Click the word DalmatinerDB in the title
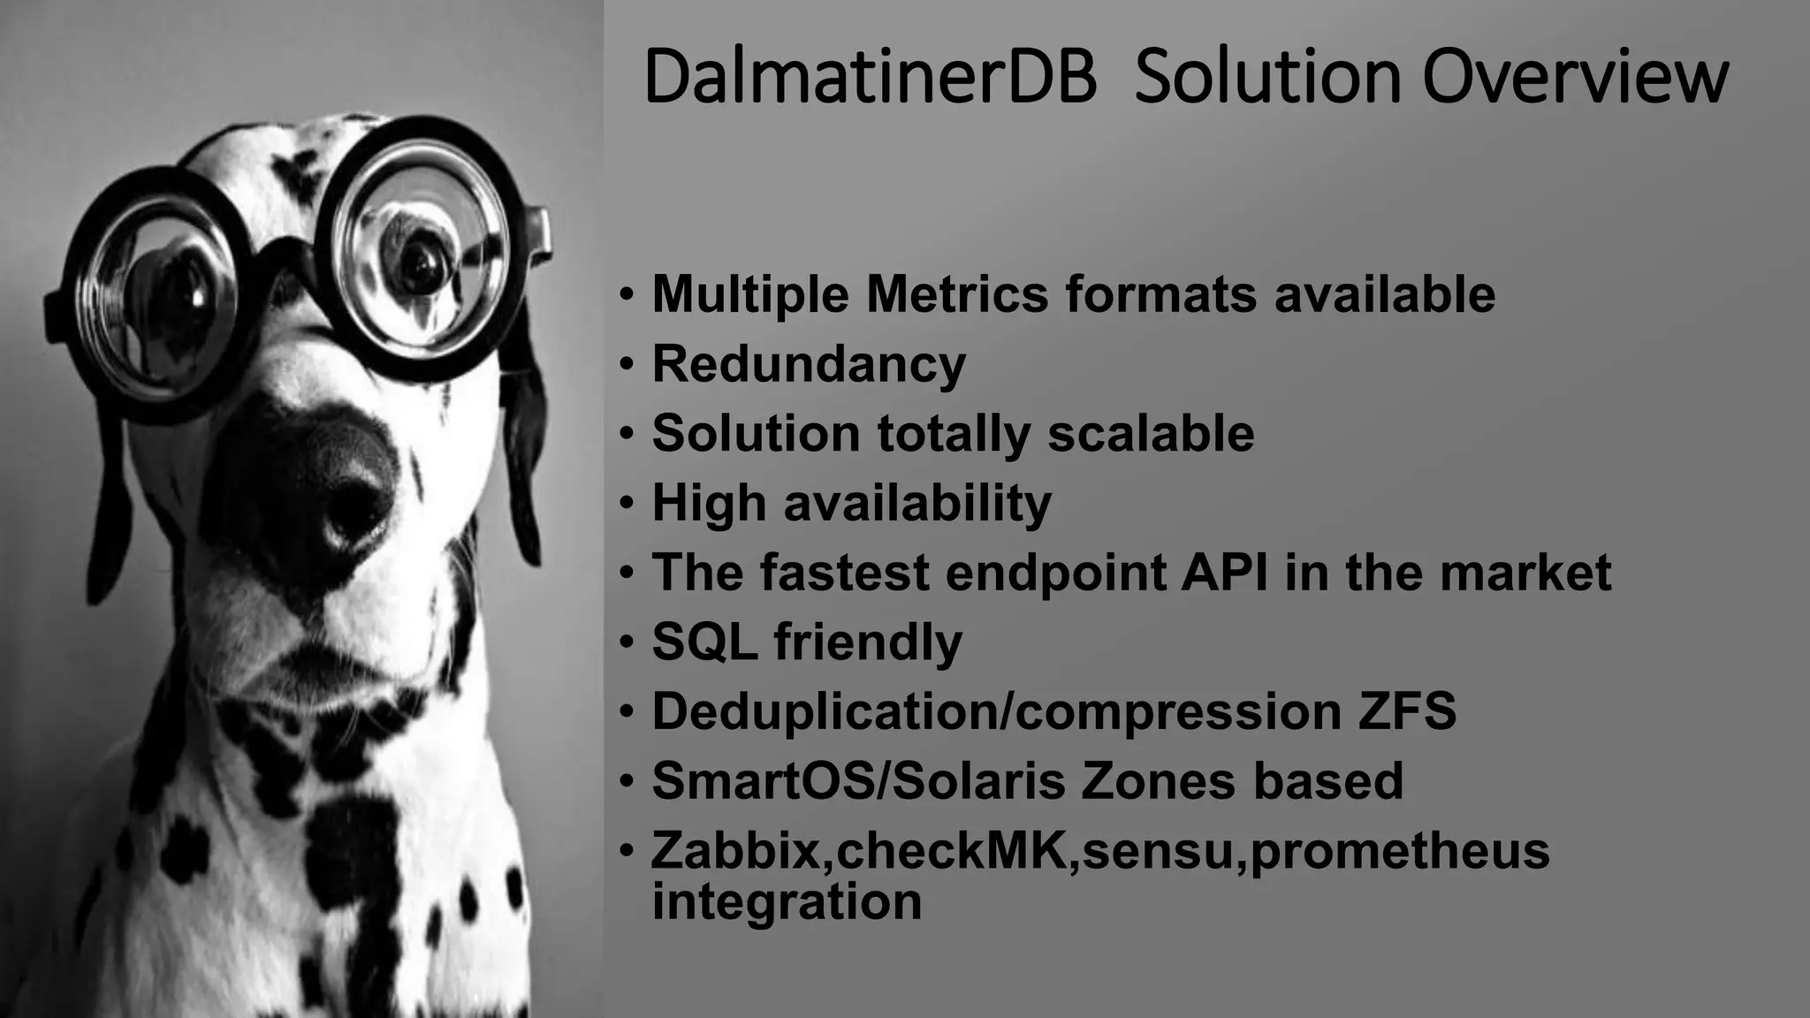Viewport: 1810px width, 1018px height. pyautogui.click(x=870, y=78)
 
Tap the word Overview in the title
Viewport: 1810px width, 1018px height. pyautogui.click(x=1575, y=78)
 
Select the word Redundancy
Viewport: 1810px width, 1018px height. pyautogui.click(x=809, y=364)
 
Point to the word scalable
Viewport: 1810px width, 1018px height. pyautogui.click(x=1151, y=433)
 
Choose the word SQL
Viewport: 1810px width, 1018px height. pyautogui.click(x=704, y=642)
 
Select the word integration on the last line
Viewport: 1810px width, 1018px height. pyautogui.click(x=787, y=901)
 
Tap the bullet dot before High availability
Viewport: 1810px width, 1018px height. pyautogui.click(x=627, y=503)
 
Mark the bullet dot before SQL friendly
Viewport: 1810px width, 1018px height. pyautogui.click(x=627, y=642)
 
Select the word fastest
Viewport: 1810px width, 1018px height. pyautogui.click(x=844, y=572)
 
